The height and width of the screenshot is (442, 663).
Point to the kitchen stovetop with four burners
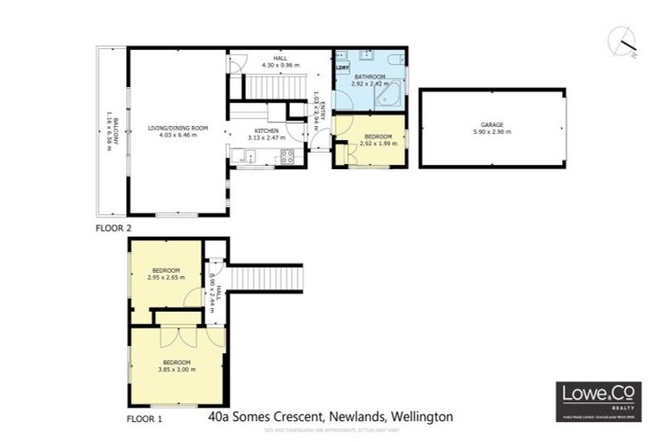pos(287,156)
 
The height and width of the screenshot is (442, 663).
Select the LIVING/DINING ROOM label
pos(178,128)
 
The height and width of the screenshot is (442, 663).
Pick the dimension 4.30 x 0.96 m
pos(280,65)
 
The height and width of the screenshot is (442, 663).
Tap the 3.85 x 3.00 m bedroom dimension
pos(177,369)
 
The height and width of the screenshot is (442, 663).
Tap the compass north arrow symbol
pos(624,41)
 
